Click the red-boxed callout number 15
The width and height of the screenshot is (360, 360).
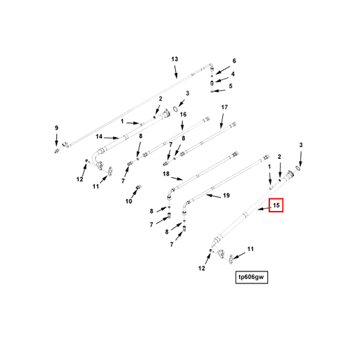click(276, 205)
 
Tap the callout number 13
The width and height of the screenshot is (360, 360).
click(174, 59)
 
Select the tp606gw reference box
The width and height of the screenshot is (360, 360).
click(252, 277)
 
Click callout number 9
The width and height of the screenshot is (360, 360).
click(56, 128)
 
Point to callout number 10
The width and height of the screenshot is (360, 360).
click(129, 201)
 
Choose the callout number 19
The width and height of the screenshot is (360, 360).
click(226, 195)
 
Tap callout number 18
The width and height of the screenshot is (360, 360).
click(166, 174)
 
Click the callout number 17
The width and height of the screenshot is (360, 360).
click(224, 107)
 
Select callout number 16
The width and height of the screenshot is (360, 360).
click(183, 115)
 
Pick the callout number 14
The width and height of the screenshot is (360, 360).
click(99, 136)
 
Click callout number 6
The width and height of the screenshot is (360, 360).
click(234, 61)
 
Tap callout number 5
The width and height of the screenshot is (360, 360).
click(231, 86)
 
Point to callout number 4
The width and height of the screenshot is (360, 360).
click(233, 74)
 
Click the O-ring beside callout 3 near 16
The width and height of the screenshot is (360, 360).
click(175, 109)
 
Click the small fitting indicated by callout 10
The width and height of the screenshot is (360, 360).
click(139, 187)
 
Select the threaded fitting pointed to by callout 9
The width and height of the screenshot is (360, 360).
click(56, 151)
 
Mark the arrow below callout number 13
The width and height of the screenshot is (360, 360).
click(176, 72)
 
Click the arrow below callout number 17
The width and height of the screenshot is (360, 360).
click(222, 121)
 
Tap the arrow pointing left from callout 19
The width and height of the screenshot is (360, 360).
click(213, 196)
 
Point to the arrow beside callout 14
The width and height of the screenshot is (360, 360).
click(112, 138)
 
